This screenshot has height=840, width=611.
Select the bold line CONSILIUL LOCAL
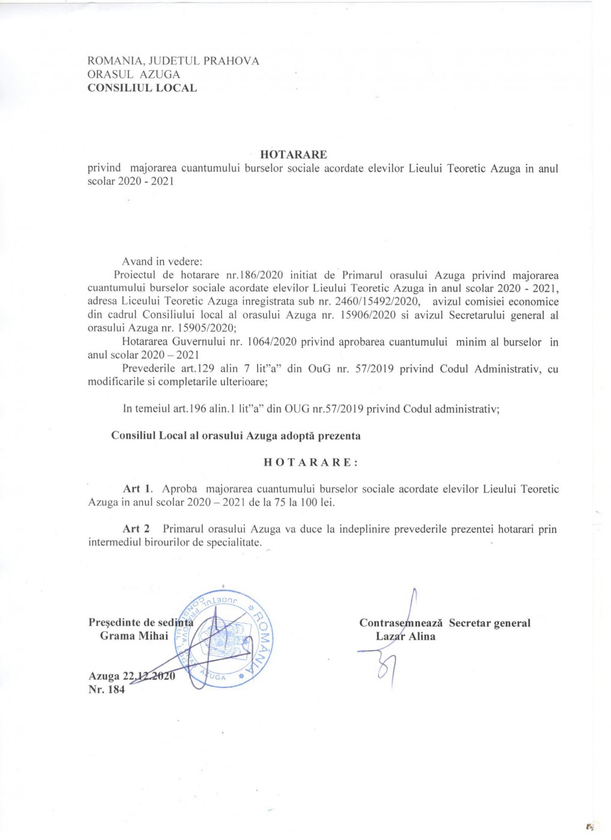point(142,88)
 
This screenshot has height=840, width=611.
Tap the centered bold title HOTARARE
point(294,155)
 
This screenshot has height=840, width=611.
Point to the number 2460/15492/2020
point(379,302)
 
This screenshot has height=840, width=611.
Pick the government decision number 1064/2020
point(271,342)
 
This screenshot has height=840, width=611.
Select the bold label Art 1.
point(137,489)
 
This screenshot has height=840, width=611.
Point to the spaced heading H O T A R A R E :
point(311,463)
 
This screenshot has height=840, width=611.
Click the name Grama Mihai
point(134,636)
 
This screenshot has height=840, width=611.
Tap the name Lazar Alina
point(405,637)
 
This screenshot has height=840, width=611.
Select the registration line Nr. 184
point(107,690)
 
